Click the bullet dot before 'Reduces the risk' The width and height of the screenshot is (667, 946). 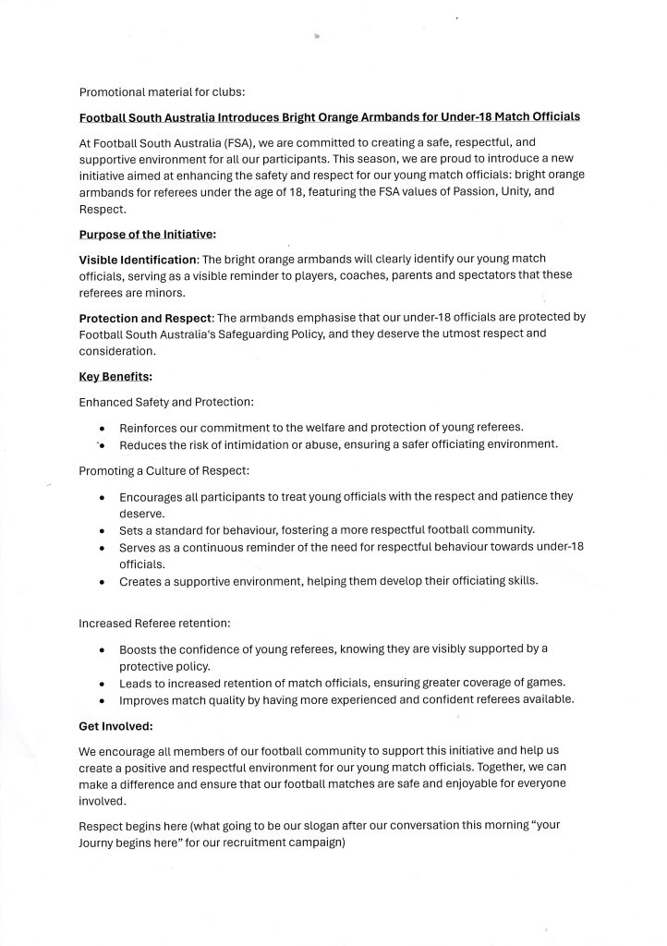click(102, 445)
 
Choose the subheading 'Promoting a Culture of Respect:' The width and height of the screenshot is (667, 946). click(163, 471)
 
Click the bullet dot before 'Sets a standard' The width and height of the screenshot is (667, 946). click(102, 531)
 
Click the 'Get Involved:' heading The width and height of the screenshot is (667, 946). click(116, 726)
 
